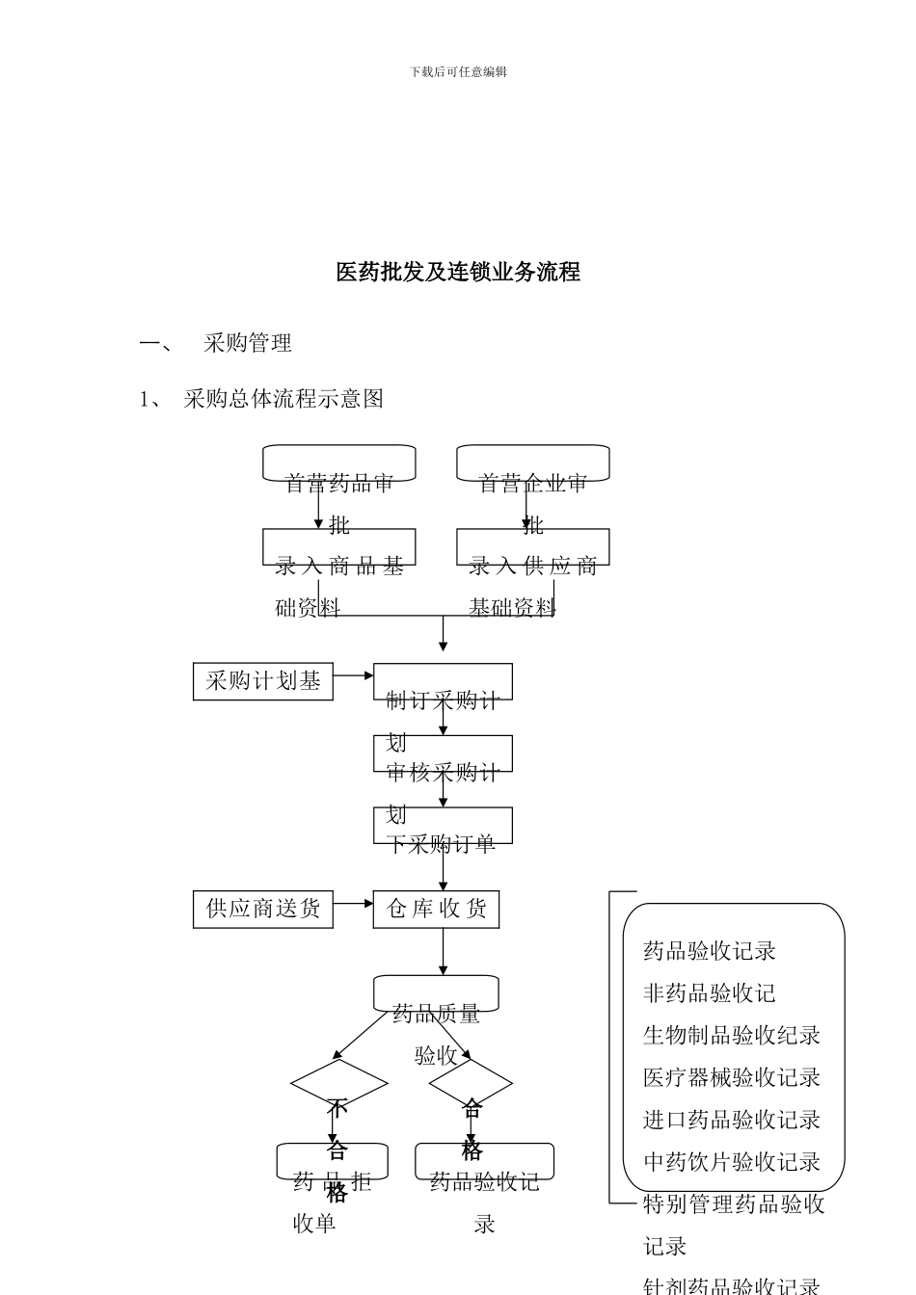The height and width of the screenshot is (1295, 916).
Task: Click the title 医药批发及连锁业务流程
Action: [x=458, y=273]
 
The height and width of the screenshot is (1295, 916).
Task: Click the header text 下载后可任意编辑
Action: [x=458, y=72]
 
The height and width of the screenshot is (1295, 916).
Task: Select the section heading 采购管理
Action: [x=248, y=343]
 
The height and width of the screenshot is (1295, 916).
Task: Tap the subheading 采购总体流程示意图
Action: [x=283, y=399]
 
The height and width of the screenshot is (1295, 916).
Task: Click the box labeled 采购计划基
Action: [x=263, y=681]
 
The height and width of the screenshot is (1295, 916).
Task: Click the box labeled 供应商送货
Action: [x=263, y=909]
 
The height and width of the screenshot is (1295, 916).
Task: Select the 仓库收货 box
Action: [x=436, y=909]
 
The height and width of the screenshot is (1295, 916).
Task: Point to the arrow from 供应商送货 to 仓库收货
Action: [x=353, y=904]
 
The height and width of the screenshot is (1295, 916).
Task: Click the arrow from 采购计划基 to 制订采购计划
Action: [x=353, y=675]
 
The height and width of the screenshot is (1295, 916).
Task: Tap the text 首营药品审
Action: [x=339, y=484]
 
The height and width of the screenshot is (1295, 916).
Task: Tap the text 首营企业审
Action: [x=533, y=484]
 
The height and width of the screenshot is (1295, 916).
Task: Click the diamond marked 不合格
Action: [x=339, y=1084]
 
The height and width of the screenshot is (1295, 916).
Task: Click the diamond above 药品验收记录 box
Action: [x=471, y=1084]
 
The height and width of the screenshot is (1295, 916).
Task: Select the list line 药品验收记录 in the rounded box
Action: [x=710, y=951]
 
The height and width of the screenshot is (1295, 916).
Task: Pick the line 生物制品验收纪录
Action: [x=732, y=1036]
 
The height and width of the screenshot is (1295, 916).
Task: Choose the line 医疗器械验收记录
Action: [x=732, y=1077]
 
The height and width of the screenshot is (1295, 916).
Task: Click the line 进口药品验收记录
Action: [x=732, y=1120]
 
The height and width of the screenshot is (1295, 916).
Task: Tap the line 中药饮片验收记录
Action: [x=732, y=1162]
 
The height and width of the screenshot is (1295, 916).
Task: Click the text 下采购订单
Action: [x=442, y=844]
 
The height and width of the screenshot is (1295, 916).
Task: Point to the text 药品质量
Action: [x=436, y=1014]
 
